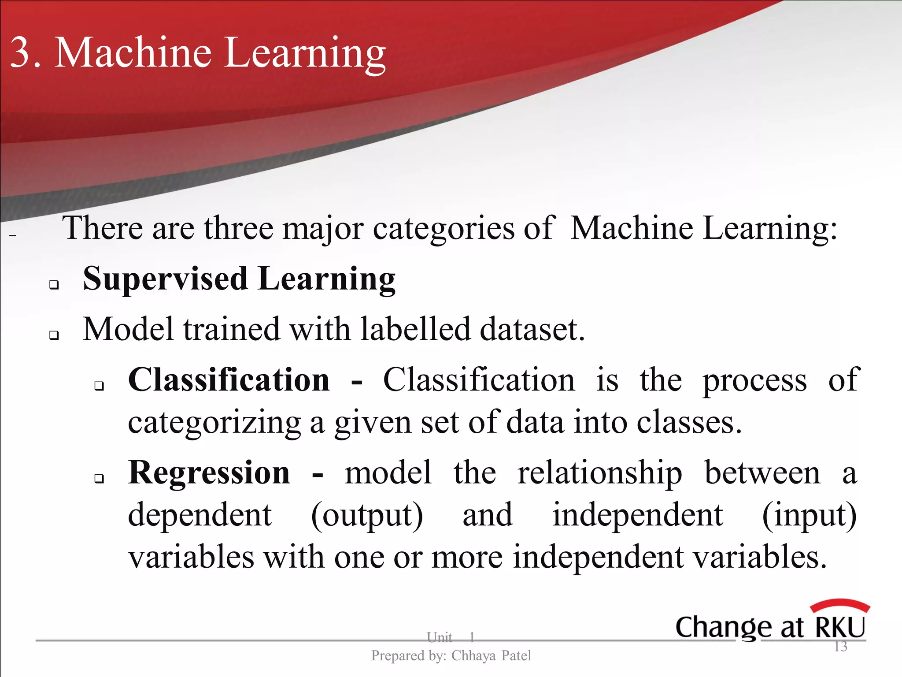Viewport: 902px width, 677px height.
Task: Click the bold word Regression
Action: point(209,473)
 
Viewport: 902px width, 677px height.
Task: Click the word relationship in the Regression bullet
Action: point(599,473)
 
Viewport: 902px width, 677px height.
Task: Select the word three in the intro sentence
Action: point(238,228)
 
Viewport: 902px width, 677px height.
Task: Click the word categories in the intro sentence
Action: point(444,229)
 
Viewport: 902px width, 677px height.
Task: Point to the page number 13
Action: point(840,647)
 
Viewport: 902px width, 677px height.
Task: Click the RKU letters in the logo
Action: point(840,627)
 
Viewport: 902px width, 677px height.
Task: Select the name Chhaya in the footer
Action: point(473,656)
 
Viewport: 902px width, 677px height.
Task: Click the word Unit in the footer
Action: point(439,637)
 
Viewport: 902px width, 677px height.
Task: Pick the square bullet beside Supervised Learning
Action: point(54,285)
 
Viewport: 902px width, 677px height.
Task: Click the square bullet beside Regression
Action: point(99,479)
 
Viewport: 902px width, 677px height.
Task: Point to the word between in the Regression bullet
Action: point(762,473)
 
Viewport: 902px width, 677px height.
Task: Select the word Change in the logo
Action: point(722,628)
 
